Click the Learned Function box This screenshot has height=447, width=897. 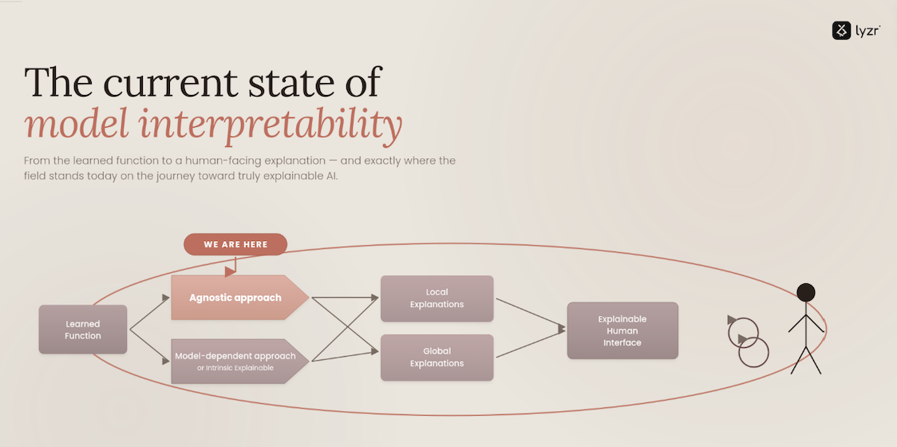[x=83, y=329]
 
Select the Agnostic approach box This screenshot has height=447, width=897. [x=239, y=298]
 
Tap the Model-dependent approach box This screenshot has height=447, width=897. [x=239, y=361]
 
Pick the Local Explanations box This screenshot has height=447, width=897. [x=437, y=299]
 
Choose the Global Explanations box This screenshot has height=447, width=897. [x=437, y=357]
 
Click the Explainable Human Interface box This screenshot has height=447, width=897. [x=622, y=330]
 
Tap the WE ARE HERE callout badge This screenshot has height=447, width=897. [x=235, y=244]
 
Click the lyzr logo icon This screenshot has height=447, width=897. [x=841, y=30]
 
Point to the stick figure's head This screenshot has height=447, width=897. [x=805, y=292]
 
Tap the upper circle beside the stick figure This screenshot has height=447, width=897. [x=743, y=333]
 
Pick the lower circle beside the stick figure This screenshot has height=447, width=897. [x=753, y=352]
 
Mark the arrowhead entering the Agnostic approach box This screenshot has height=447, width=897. [x=166, y=298]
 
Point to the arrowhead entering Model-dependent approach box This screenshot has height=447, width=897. [x=166, y=361]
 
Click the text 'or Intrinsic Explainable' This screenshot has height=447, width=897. [x=235, y=368]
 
